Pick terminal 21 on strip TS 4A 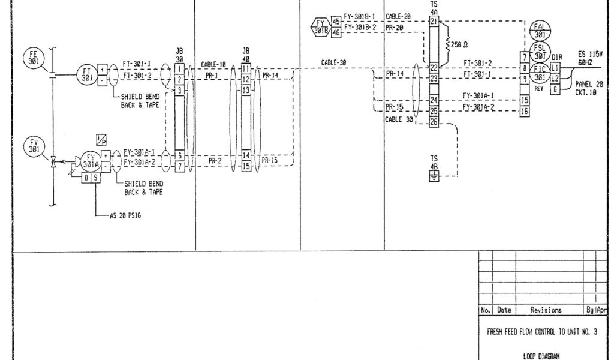(x=434, y=22)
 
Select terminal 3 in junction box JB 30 (x=179, y=90)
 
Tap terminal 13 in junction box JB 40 (x=246, y=89)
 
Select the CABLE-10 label (x=213, y=65)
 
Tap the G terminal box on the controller (x=555, y=89)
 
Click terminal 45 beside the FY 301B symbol (x=336, y=22)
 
